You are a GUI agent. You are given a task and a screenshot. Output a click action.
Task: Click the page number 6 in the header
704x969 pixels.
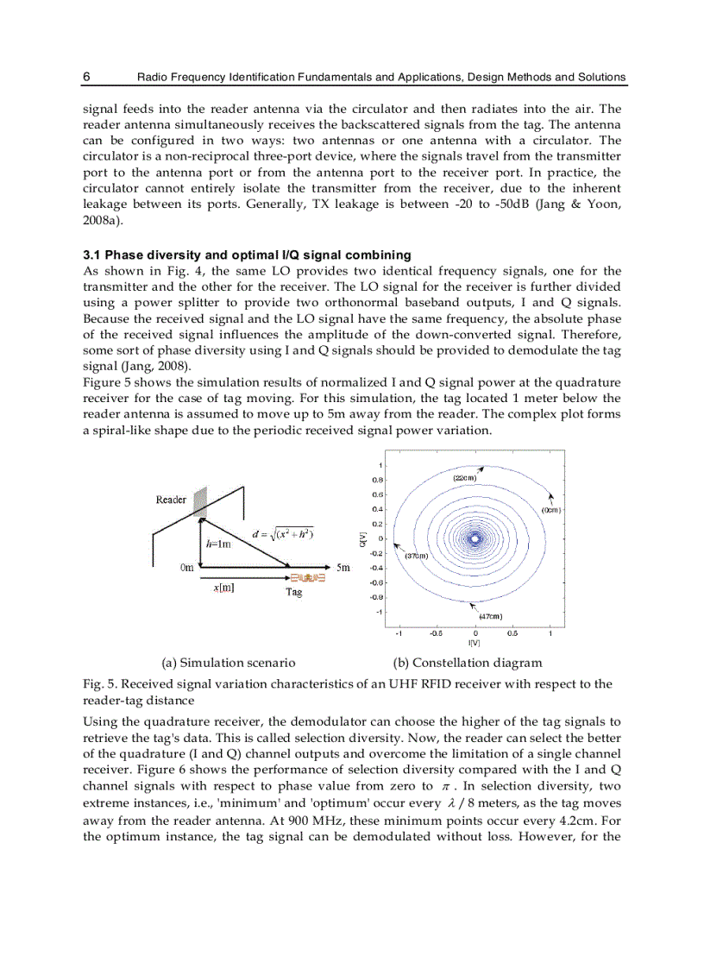[87, 77]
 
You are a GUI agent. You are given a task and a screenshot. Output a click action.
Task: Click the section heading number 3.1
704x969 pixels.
[92, 255]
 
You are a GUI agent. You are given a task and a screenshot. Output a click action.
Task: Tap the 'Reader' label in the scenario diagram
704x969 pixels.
[171, 500]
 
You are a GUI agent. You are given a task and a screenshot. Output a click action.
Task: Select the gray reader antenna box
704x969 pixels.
[200, 501]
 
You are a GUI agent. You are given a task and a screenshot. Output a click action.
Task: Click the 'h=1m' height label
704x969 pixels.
[218, 544]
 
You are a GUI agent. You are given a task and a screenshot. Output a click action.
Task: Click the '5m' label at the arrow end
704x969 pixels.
[343, 568]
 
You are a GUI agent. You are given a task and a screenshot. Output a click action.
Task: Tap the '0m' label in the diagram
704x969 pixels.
[186, 568]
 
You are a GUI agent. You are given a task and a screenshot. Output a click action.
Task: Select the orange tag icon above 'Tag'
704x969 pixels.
[307, 578]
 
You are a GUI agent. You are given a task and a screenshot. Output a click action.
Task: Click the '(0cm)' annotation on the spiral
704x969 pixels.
[551, 510]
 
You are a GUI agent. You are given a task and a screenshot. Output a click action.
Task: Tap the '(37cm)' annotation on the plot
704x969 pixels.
[417, 557]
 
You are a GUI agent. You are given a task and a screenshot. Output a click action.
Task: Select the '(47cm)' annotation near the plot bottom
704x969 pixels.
[491, 616]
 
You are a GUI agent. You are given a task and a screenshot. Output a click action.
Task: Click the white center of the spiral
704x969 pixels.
[475, 538]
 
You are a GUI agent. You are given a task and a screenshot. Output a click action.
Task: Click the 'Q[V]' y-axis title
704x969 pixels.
[362, 539]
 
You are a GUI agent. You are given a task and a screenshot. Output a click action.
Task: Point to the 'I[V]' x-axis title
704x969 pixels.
[474, 643]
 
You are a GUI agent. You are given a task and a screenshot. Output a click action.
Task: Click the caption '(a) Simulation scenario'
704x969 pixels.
[229, 663]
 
